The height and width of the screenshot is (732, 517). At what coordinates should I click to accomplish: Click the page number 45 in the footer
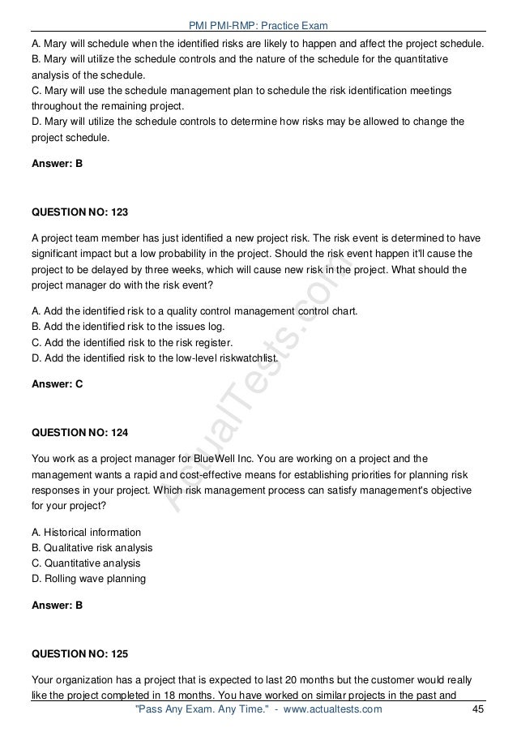pyautogui.click(x=476, y=710)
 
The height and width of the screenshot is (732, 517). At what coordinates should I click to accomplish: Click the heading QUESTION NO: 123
pyautogui.click(x=79, y=212)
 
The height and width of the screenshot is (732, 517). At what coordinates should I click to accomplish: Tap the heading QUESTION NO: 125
pyautogui.click(x=79, y=652)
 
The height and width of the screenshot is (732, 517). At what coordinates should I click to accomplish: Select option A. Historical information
pyautogui.click(x=86, y=533)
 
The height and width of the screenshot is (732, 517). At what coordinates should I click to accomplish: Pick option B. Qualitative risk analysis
pyautogui.click(x=92, y=548)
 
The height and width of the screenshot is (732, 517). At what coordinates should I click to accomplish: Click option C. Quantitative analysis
pyautogui.click(x=85, y=563)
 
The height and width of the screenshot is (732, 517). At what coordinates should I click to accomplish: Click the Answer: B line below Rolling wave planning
pyautogui.click(x=57, y=605)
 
